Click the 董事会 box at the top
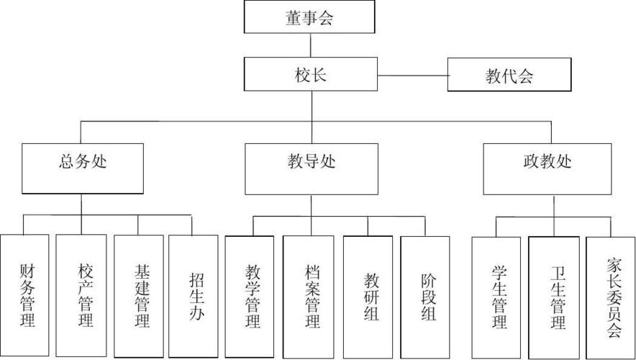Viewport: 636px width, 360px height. pos(310,17)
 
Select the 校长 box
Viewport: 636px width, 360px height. pos(310,75)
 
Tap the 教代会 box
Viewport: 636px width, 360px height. pos(509,75)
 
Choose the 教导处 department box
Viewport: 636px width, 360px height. pos(311,168)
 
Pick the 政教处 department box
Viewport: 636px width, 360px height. pos(546,168)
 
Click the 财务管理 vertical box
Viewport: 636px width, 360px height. pos(25,296)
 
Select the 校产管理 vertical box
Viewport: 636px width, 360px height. pos(81,296)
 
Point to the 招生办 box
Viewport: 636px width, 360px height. pos(194,296)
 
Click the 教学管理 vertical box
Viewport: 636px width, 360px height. pos(250,296)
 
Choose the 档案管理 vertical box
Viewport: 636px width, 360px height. pos(309,296)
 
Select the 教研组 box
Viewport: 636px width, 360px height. pos(368,296)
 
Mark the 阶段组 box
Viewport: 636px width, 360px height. pos(425,296)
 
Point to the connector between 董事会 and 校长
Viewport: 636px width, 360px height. pos(311,45)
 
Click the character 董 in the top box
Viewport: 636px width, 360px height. pos(294,18)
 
